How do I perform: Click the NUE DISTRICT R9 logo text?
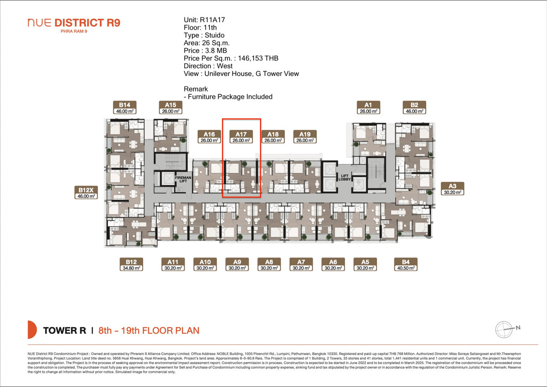click(x=74, y=23)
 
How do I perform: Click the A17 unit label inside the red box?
click(x=241, y=137)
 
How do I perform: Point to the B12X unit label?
click(x=86, y=193)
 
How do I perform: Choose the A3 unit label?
click(x=452, y=189)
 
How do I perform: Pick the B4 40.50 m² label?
click(x=406, y=265)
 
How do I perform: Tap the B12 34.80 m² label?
click(x=131, y=265)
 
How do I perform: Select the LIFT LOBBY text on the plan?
click(x=343, y=177)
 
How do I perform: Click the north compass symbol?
click(x=504, y=328)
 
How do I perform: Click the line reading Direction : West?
click(x=209, y=66)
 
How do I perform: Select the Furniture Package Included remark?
click(x=230, y=97)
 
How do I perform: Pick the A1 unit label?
click(x=368, y=107)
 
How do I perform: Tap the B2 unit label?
click(x=414, y=107)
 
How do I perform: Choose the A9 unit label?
click(x=237, y=265)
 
